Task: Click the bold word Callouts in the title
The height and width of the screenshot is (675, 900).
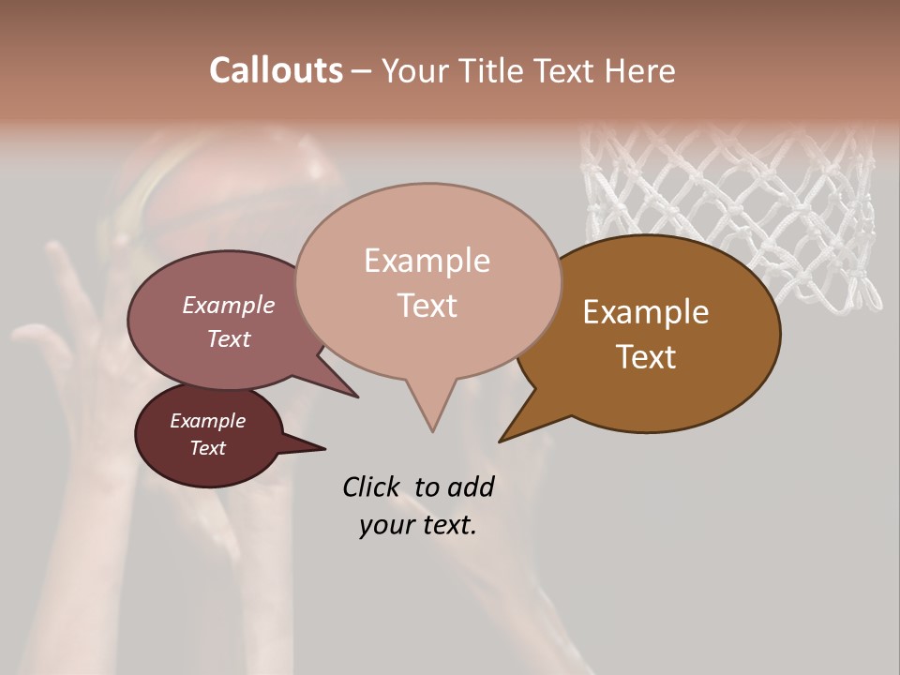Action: (276, 70)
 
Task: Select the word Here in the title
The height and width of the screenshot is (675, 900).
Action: (640, 70)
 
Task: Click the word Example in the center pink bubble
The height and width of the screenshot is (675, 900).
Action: (427, 261)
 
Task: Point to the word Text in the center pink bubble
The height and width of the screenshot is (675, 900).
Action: (427, 306)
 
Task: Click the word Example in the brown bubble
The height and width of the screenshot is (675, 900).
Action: (646, 312)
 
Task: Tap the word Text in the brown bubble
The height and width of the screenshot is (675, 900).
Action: (646, 357)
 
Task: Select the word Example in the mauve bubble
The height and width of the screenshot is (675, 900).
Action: (228, 306)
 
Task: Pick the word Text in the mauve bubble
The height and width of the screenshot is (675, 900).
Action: (228, 339)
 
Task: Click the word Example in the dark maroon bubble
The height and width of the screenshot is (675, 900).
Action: (207, 421)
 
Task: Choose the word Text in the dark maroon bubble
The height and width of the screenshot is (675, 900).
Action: (207, 448)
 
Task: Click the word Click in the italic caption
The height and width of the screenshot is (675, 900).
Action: (370, 487)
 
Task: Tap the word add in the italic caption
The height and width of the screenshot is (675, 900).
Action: (471, 487)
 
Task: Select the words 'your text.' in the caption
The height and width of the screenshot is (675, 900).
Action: (417, 525)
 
